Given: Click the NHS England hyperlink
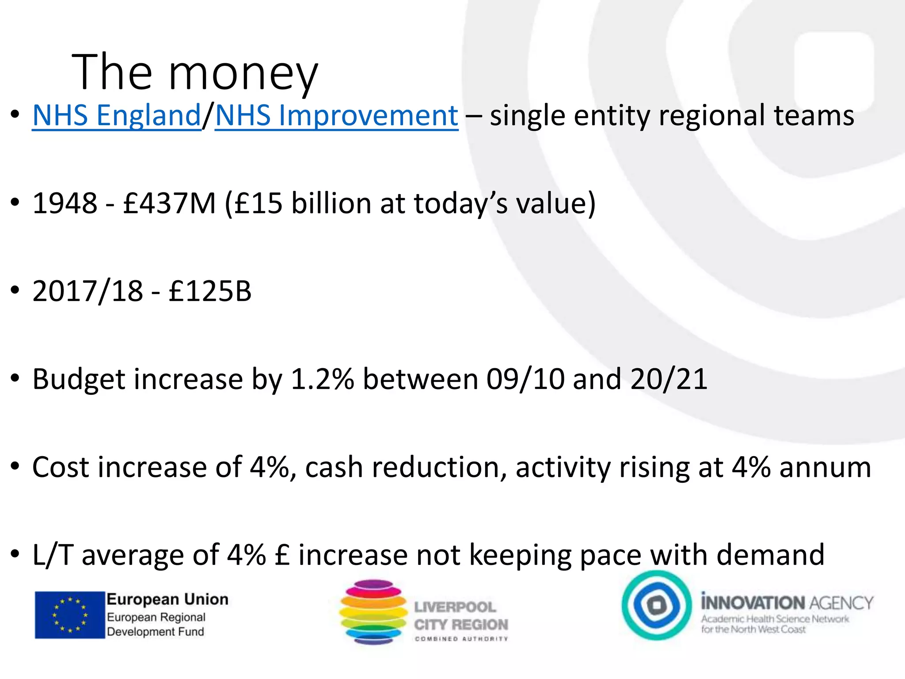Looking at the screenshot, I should [117, 116].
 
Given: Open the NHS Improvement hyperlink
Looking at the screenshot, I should [336, 116].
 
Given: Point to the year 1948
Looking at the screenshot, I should [65, 203].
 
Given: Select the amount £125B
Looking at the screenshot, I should [210, 291].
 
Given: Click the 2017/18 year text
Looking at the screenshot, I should [88, 291].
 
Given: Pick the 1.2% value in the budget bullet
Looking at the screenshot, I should [323, 379].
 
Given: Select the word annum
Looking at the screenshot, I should [825, 467].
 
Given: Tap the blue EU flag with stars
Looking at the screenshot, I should [70, 615].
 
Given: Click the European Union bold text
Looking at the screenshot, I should [167, 599].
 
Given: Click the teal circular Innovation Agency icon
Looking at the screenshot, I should [656, 605].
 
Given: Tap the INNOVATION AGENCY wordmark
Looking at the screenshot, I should [787, 603].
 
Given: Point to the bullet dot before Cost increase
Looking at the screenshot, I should [15, 467].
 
